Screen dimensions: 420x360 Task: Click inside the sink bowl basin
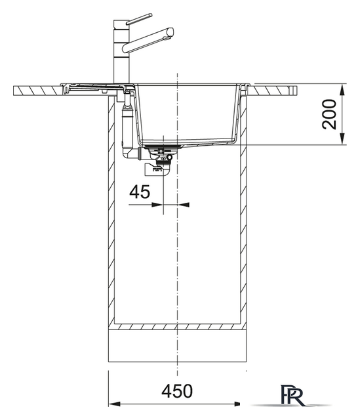(x=190, y=112)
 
